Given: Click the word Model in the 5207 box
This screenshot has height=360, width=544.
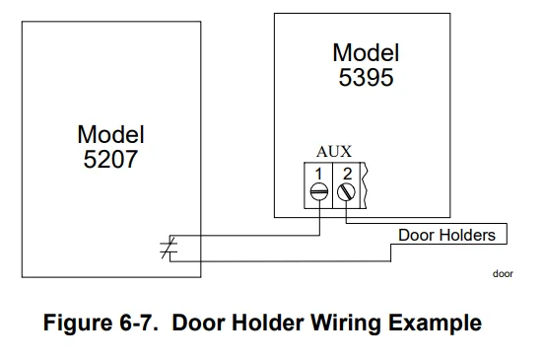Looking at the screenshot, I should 110,134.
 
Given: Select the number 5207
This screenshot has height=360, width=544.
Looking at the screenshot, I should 110,157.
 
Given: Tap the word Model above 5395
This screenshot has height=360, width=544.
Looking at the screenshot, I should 366,52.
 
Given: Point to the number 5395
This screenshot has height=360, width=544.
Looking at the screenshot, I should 366,76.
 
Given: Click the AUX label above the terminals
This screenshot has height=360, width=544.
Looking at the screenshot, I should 333,151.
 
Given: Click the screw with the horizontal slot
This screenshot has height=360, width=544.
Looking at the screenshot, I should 319,193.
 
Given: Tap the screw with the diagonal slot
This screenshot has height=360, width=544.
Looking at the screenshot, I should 345,193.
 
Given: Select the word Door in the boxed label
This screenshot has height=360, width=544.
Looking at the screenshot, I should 416,235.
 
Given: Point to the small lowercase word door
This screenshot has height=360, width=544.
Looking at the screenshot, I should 503,274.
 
